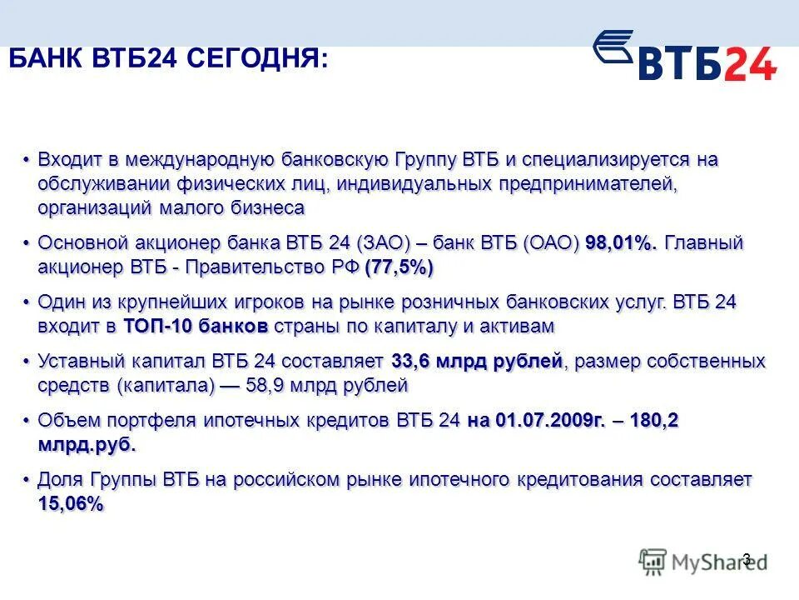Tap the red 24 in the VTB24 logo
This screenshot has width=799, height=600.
click(x=750, y=64)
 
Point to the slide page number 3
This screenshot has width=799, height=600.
click(x=746, y=559)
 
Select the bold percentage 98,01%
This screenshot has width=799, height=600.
click(x=621, y=243)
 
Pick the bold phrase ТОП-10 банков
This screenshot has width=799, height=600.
click(x=196, y=326)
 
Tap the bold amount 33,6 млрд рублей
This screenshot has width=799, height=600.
click(x=478, y=362)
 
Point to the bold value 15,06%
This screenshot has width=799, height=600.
click(x=71, y=503)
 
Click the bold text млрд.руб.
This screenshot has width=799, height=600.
click(x=87, y=444)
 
